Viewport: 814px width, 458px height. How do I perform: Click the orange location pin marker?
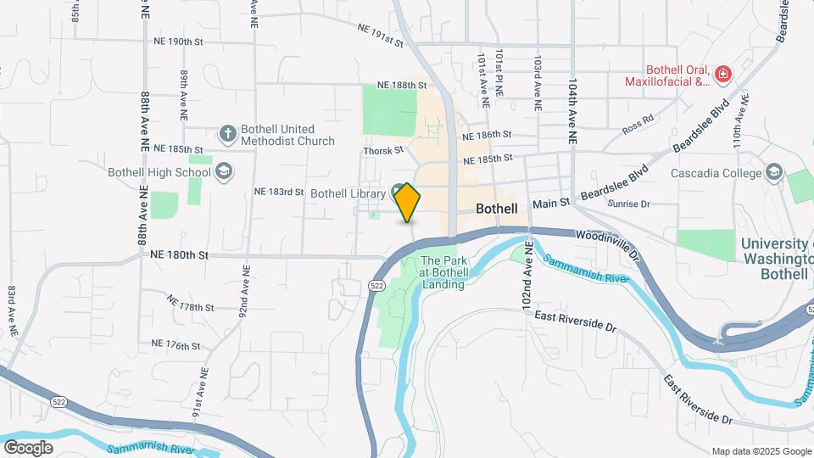[407, 202]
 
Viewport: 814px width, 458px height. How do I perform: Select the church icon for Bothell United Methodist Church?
[227, 133]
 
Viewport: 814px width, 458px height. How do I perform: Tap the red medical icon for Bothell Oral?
[722, 75]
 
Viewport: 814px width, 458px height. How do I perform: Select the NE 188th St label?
[401, 86]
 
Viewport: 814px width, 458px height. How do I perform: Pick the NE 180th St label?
[179, 254]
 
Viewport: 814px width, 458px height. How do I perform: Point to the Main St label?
[549, 204]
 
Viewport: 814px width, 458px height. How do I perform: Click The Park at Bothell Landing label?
[443, 272]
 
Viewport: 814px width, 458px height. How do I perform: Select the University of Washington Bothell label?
[776, 259]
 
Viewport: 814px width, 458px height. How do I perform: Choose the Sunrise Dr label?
[628, 204]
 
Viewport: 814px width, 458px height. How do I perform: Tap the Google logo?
[28, 447]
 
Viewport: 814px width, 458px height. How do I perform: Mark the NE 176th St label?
[176, 345]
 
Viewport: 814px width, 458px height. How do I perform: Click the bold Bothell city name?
[497, 208]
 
